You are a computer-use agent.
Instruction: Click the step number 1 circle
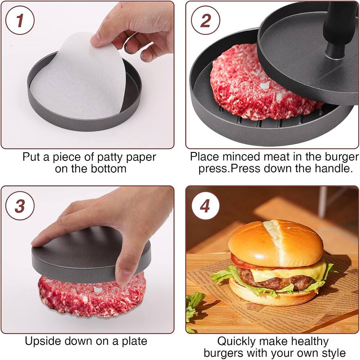click(20, 21)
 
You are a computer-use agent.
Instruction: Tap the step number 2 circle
click(205, 21)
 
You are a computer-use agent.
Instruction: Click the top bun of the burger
click(275, 243)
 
